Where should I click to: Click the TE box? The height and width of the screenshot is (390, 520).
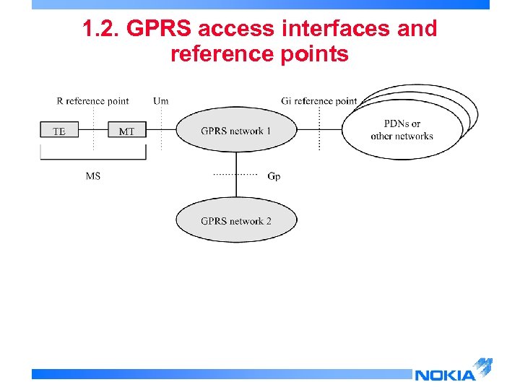[59, 131]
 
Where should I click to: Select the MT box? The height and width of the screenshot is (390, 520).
[126, 131]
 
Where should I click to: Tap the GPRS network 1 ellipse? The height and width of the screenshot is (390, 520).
[236, 131]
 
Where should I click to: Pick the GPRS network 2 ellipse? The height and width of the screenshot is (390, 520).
[236, 221]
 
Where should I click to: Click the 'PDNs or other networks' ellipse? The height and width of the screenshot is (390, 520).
[402, 130]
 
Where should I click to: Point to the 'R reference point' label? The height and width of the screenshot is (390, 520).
[92, 100]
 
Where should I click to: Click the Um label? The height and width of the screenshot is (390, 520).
[161, 100]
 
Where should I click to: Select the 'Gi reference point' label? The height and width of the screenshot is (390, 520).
[319, 100]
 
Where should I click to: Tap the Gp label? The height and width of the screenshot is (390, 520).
[274, 176]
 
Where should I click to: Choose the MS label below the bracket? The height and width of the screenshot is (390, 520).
[93, 175]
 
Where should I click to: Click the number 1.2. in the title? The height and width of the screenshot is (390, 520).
[99, 29]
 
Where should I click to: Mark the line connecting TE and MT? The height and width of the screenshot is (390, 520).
[93, 131]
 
